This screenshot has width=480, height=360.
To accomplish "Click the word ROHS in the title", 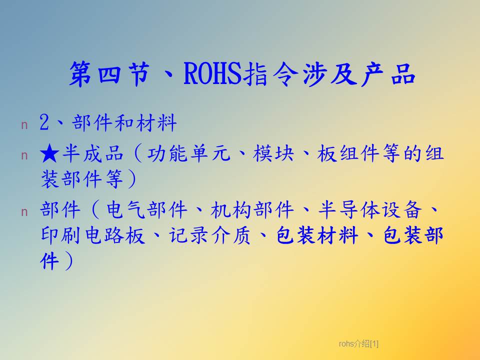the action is click(x=213, y=74).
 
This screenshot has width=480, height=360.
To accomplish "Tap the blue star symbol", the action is click(x=49, y=154).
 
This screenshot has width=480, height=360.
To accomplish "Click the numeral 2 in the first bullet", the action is click(x=44, y=123).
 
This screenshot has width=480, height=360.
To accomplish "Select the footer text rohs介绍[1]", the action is click(x=358, y=344).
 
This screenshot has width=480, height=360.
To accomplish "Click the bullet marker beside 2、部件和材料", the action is click(x=24, y=125).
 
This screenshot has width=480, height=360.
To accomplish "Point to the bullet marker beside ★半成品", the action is click(x=24, y=156).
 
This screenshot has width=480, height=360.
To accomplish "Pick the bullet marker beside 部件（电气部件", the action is click(x=24, y=212).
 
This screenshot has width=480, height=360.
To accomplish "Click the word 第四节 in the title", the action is click(x=109, y=74).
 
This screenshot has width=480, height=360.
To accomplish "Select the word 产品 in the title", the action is click(x=388, y=74).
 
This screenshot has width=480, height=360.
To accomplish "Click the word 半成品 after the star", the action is click(x=93, y=153).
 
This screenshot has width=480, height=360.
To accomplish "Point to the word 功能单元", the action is click(x=188, y=153).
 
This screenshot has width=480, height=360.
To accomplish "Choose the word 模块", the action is click(x=273, y=153).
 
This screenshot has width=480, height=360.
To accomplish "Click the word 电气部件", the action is click(x=146, y=210).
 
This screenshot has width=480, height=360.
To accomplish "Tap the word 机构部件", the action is click(x=252, y=210).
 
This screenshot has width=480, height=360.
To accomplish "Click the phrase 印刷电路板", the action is click(x=92, y=235).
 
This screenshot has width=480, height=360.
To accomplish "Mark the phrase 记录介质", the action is click(x=209, y=235).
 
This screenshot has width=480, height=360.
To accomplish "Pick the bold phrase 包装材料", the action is click(x=317, y=235).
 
